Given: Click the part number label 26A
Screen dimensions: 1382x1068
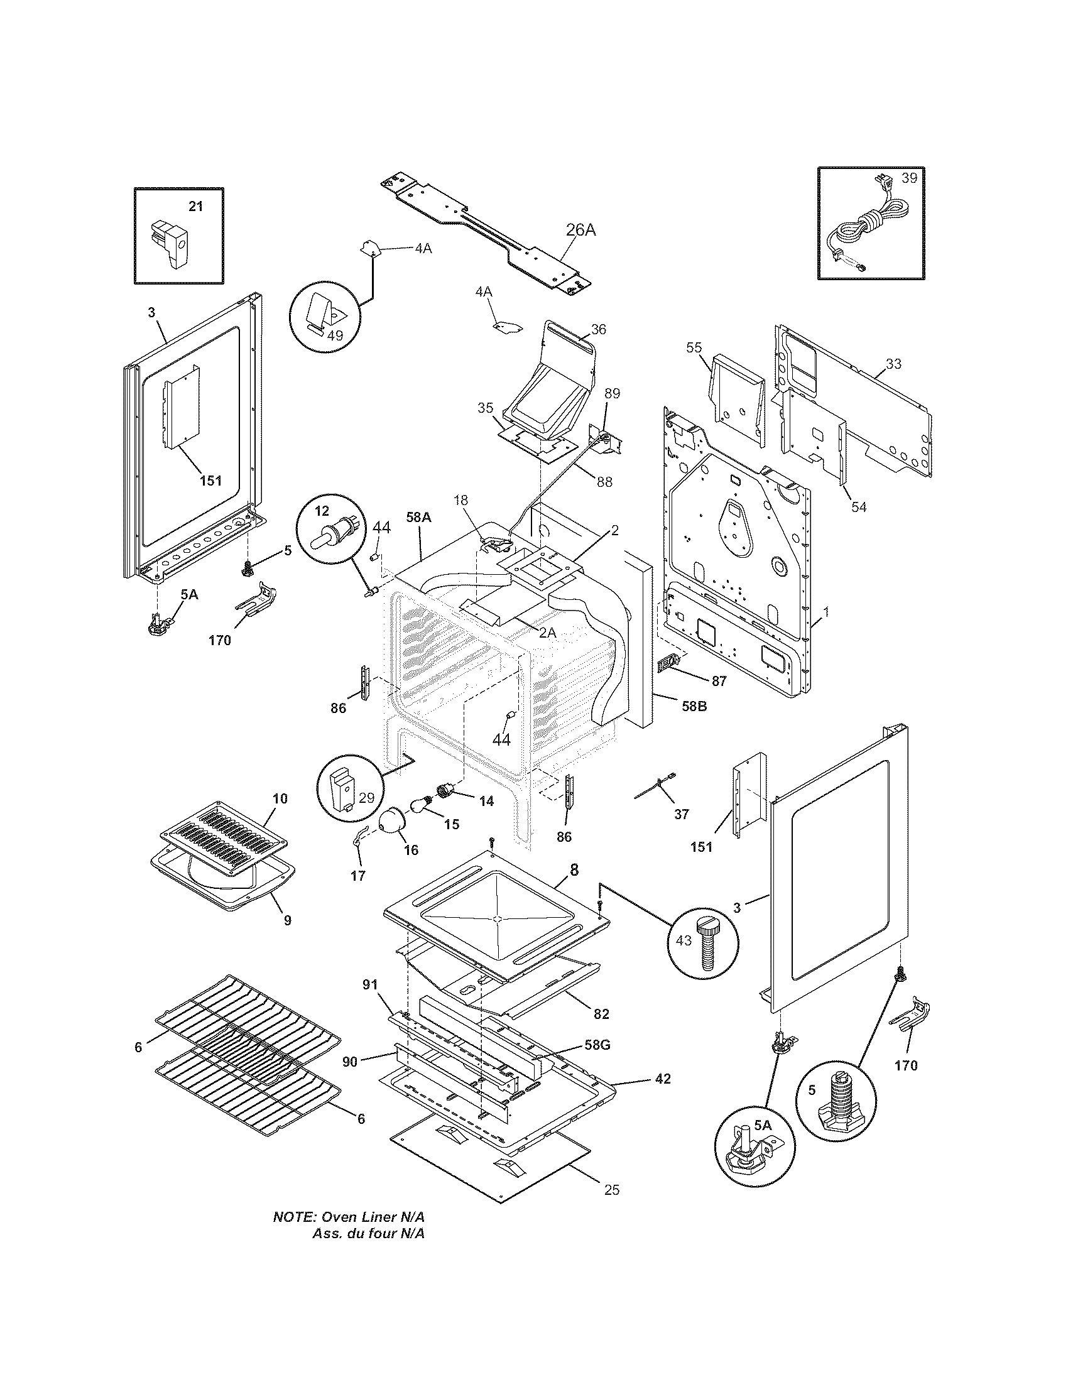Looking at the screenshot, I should point(580,230).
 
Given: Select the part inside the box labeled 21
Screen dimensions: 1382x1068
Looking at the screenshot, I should point(170,244).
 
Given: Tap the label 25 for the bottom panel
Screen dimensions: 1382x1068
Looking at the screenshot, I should point(611,1190).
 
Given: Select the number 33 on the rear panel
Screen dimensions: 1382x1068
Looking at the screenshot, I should point(893,364).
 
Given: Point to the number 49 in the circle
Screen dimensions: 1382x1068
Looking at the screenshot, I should point(335,335).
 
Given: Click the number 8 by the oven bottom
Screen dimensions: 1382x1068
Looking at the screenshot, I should point(574,869).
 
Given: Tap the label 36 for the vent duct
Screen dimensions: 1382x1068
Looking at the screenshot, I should point(599,329).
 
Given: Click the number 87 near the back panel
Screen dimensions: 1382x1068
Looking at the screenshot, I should point(719,681).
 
